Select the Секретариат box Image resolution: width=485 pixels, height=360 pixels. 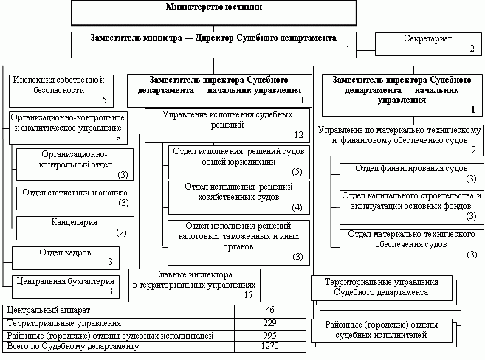(x=428, y=44)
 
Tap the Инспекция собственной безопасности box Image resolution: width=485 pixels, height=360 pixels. (x=62, y=89)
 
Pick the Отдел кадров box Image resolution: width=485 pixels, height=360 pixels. (x=65, y=255)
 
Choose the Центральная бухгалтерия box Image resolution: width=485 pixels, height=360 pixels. (x=64, y=284)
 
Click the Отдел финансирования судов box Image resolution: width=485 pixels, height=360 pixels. (x=409, y=174)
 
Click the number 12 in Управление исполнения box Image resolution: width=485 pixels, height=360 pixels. (x=297, y=135)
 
